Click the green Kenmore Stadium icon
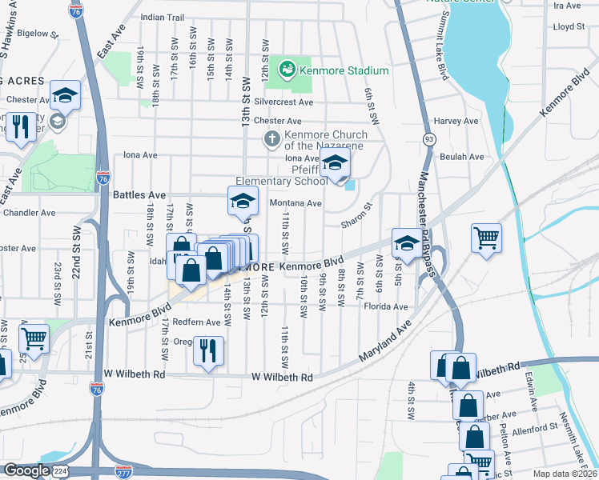[x=287, y=70]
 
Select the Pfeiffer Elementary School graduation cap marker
[x=336, y=164]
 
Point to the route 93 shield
[x=430, y=139]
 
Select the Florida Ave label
[x=388, y=306]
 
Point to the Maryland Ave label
[x=385, y=339]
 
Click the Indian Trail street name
[x=162, y=17]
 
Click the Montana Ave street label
[x=295, y=203]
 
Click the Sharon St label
[x=357, y=217]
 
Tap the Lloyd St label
[x=569, y=26]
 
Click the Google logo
[x=26, y=470]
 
